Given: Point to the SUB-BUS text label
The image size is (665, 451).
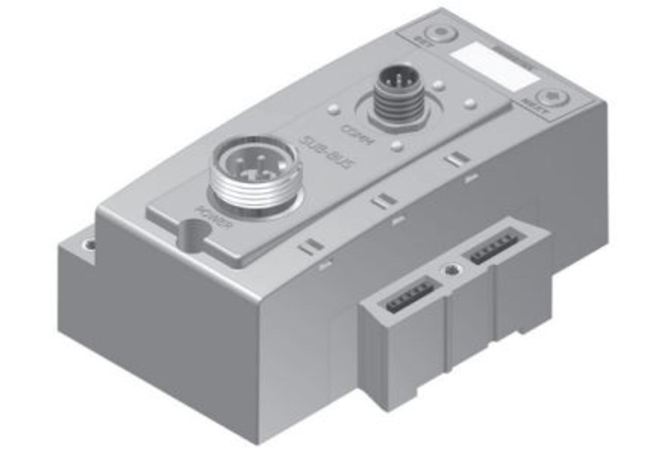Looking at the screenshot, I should pyautogui.click(x=327, y=154).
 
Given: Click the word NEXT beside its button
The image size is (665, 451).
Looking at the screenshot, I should pyautogui.click(x=535, y=107).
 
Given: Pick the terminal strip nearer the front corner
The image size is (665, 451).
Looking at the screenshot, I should pyautogui.click(x=407, y=294).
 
